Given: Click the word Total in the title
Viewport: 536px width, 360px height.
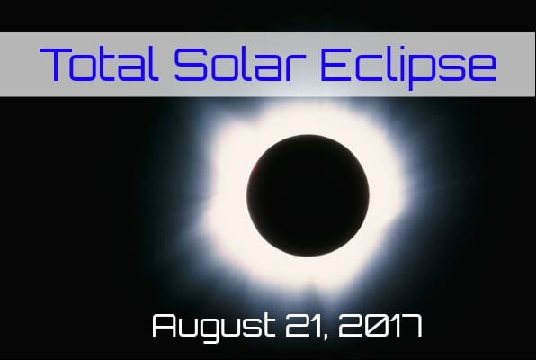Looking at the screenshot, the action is (99, 64).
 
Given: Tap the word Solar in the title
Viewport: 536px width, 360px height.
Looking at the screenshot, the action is (240, 64).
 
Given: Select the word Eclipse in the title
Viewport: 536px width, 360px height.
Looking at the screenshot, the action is (408, 67).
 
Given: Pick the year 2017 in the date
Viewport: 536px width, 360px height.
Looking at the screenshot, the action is (380, 326).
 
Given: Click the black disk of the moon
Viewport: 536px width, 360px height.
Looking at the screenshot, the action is (308, 195).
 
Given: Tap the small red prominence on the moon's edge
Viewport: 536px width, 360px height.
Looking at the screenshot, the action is (255, 167).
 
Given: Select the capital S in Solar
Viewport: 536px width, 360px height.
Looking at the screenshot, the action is (191, 64).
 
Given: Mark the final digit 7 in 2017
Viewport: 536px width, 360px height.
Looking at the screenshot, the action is (410, 326).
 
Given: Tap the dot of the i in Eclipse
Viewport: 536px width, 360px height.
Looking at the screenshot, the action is (397, 49).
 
